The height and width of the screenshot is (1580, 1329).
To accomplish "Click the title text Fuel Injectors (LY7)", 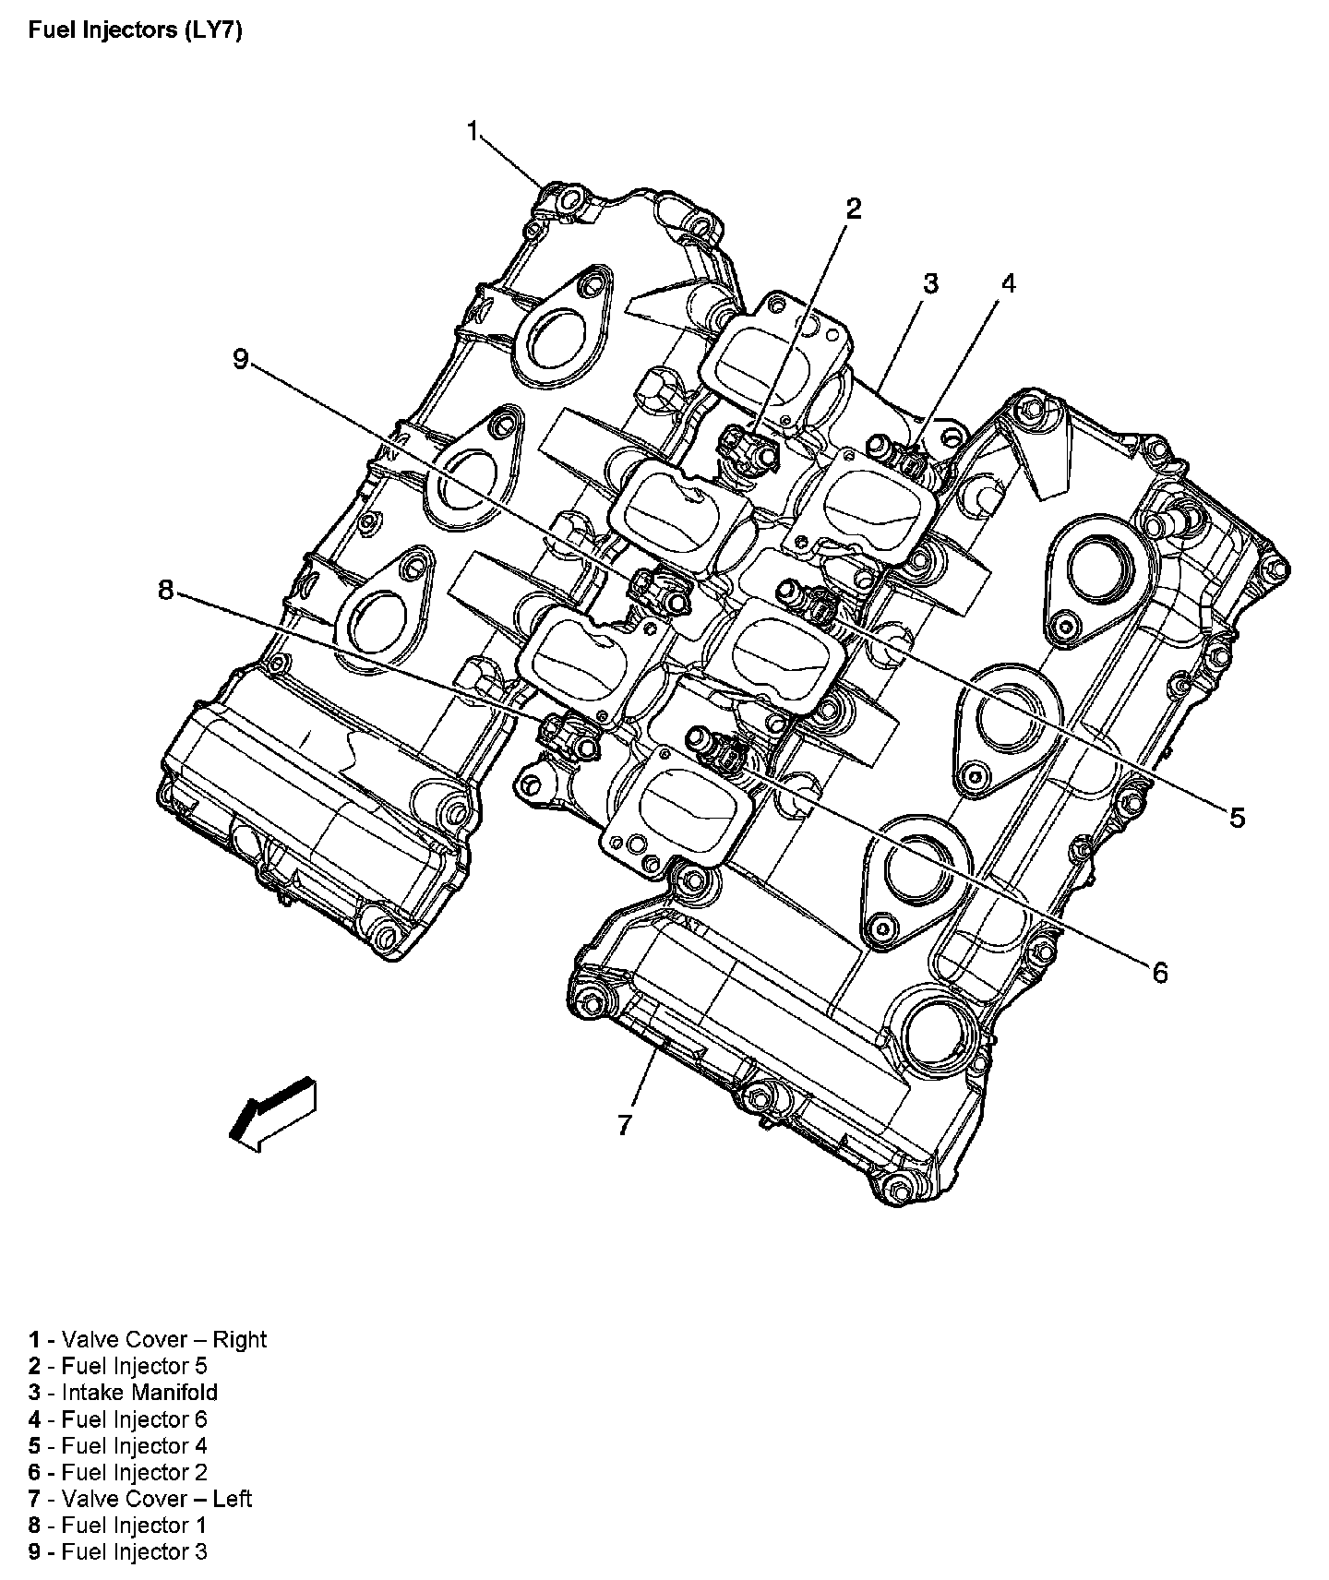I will click(x=135, y=30).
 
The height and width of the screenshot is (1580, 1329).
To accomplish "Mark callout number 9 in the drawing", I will click(x=241, y=359).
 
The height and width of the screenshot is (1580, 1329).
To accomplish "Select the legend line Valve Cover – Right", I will click(x=148, y=1339).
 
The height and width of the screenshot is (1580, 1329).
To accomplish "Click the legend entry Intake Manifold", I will click(x=124, y=1392).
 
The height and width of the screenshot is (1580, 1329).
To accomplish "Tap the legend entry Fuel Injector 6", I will click(x=118, y=1418).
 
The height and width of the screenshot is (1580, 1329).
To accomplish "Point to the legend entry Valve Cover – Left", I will click(x=140, y=1498).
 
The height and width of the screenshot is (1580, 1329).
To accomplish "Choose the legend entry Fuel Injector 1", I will click(x=118, y=1525).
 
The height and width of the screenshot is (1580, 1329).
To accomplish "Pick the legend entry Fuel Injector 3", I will click(x=118, y=1551).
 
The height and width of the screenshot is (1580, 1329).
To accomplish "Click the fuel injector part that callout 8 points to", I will click(x=570, y=736).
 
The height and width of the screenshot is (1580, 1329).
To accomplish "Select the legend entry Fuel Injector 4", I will click(x=118, y=1445).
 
